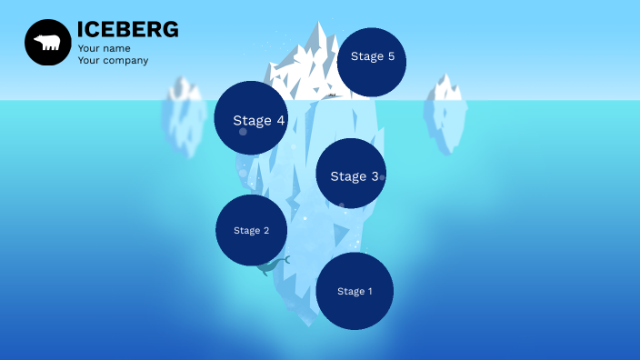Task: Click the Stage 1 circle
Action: coord(355,291)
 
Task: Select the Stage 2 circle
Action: coord(252,230)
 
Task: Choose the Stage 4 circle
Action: coord(251,117)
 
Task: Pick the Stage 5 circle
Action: coord(371,62)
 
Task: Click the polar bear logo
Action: coord(47,43)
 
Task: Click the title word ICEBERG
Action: coord(127,30)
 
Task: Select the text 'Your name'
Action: coord(104,48)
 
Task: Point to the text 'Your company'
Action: coord(113,61)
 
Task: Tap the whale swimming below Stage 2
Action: coord(272,265)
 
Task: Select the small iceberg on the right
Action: coord(445,114)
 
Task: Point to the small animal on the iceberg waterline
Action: coord(333,95)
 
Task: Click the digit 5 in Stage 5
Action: coord(391,56)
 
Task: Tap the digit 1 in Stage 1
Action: coord(369,292)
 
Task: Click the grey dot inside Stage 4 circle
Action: coord(243,132)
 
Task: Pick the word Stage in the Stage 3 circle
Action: coord(346,176)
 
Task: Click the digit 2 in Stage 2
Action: coord(265,231)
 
